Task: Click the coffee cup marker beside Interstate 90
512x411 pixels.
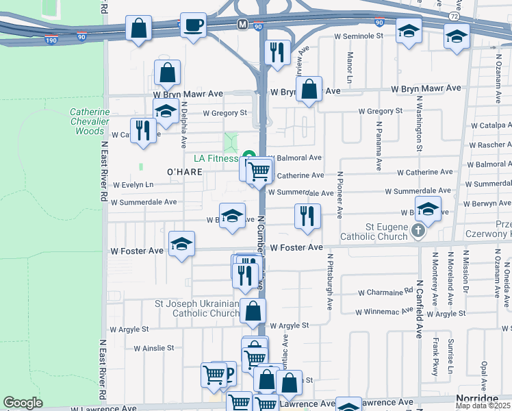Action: [193, 25]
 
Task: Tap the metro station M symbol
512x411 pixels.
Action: [242, 24]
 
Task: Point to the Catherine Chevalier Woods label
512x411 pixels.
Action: [90, 121]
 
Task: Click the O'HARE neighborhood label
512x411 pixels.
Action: [185, 171]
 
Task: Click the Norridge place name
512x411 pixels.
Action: [476, 399]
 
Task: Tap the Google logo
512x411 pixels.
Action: [23, 403]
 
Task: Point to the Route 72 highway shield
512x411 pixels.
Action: [454, 14]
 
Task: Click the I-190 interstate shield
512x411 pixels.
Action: [50, 40]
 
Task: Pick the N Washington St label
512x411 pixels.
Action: [418, 123]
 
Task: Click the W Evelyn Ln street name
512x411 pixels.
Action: [133, 185]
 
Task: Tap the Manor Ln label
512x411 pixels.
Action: [350, 65]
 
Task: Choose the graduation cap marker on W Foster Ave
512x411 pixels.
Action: [181, 244]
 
